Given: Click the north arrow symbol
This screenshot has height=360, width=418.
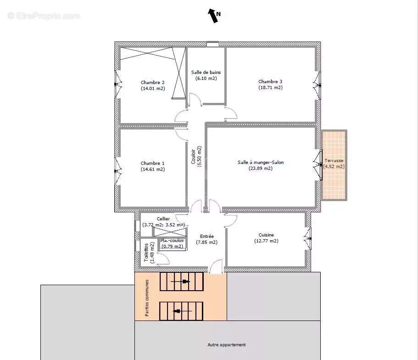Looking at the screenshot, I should tap(213, 16).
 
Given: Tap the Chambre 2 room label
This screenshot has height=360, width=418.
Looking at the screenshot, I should tap(153, 83).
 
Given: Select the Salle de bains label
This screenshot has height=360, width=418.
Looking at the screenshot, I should tap(206, 73).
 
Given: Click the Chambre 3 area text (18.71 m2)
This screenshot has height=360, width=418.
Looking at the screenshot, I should tap(270, 88).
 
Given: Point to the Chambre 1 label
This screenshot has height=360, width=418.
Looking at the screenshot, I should tap(153, 163).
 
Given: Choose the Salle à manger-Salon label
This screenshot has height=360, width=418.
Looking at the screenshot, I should tap(261, 162).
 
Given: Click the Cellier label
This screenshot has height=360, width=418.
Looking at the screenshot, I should tap(163, 219).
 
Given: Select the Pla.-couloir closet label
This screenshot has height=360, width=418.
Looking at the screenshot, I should tap(172, 240).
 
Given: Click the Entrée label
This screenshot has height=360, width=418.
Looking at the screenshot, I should tap(206, 236).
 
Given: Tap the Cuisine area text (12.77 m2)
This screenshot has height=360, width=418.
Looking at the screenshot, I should tap(266, 241).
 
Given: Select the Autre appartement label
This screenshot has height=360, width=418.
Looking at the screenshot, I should tap(227, 345).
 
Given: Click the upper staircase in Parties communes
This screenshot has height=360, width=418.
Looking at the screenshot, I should tap(181, 281).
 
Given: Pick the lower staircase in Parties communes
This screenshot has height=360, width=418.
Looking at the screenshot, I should tap(181, 311).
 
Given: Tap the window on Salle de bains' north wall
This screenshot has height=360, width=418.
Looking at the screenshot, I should tap(212, 45).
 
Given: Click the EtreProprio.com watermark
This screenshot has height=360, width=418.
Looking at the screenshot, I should tap(44, 16).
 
